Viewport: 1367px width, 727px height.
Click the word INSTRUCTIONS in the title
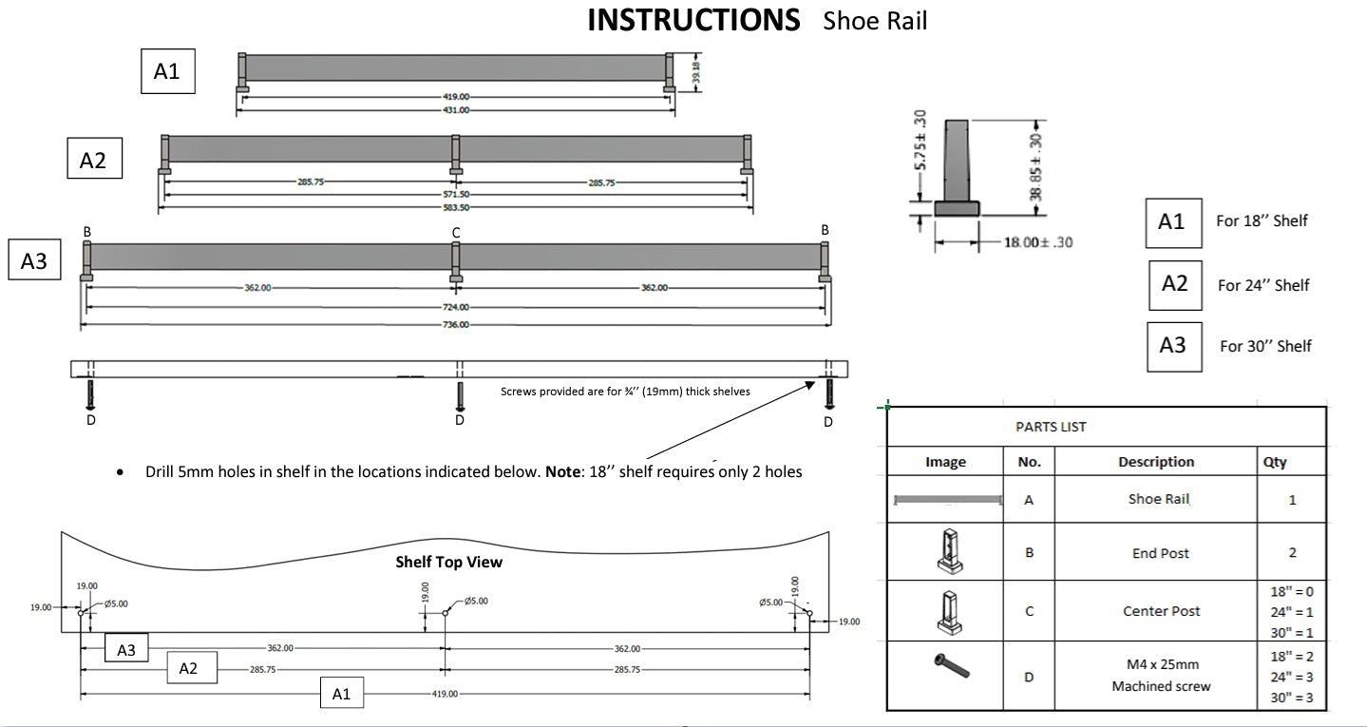pos(693,20)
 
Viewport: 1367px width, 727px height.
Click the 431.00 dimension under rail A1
pos(456,110)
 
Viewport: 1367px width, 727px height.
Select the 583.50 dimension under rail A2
pos(456,206)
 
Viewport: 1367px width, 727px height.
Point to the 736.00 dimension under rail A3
pos(456,325)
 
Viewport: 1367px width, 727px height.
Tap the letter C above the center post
pos(456,232)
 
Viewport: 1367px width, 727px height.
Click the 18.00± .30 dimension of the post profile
pos(1038,243)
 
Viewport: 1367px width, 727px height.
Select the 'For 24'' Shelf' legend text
pos(1263,285)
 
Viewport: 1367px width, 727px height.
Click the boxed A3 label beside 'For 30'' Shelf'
pos(1173,346)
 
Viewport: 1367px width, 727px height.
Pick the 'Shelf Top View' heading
pos(448,562)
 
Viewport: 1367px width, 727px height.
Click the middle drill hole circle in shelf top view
pos(446,613)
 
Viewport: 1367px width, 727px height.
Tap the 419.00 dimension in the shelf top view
pos(446,695)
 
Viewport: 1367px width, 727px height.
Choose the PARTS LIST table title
pos(1051,427)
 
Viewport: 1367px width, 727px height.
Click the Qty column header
pos(1275,462)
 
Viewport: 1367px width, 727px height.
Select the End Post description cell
pos(1160,553)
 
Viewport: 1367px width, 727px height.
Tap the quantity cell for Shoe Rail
pos(1291,500)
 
